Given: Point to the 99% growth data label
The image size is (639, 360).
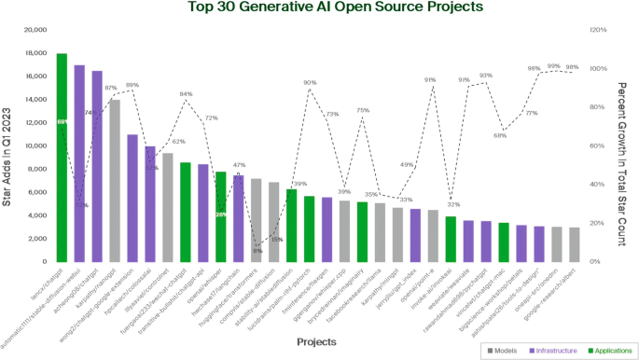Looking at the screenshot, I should pyautogui.click(x=554, y=66).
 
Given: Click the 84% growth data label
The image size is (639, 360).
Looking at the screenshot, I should pyautogui.click(x=187, y=94).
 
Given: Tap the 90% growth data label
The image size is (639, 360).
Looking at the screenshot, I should pyautogui.click(x=310, y=83).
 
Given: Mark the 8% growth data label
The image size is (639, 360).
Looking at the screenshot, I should pyautogui.click(x=257, y=251).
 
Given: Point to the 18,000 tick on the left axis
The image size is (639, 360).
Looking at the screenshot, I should pyautogui.click(x=35, y=54).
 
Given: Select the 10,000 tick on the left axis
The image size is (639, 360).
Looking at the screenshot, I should pyautogui.click(x=35, y=145).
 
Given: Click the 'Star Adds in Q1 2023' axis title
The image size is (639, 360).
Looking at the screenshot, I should pyautogui.click(x=8, y=149).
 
